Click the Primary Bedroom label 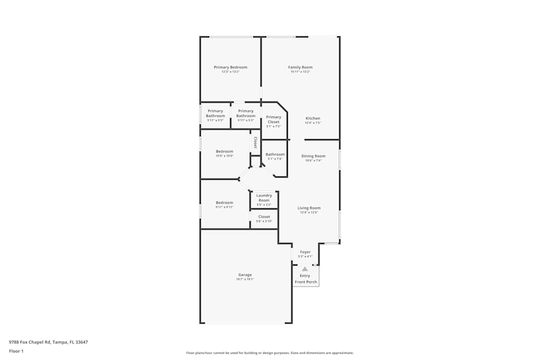pyautogui.click(x=231, y=67)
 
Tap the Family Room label pyautogui.click(x=300, y=67)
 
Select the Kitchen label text pyautogui.click(x=313, y=118)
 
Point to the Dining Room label pyautogui.click(x=313, y=156)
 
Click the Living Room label pyautogui.click(x=309, y=208)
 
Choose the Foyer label pyautogui.click(x=306, y=252)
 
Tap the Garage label pyautogui.click(x=245, y=275)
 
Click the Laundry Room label pyautogui.click(x=264, y=198)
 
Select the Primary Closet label pyautogui.click(x=274, y=119)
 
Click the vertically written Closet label pyautogui.click(x=255, y=142)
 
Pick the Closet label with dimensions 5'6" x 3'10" pyautogui.click(x=264, y=217)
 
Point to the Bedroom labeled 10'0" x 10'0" pyautogui.click(x=225, y=151)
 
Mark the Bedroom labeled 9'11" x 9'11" pyautogui.click(x=225, y=202)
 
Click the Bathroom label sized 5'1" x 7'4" pyautogui.click(x=275, y=154)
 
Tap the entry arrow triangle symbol pyautogui.click(x=305, y=269)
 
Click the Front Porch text pyautogui.click(x=306, y=282)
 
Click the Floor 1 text pyautogui.click(x=16, y=351)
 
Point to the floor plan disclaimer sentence pyautogui.click(x=270, y=353)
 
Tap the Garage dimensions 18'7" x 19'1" pyautogui.click(x=245, y=280)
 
